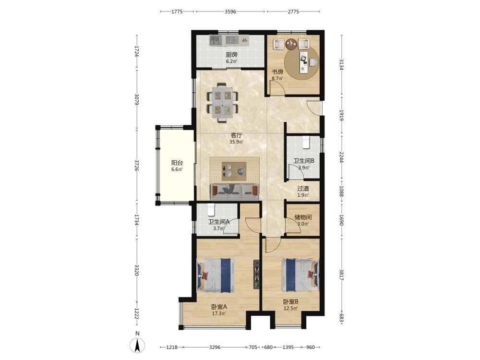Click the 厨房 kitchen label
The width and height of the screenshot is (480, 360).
[x=231, y=55]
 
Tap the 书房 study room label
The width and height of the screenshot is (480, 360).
[x=277, y=72]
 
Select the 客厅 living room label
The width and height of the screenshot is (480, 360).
[x=236, y=135]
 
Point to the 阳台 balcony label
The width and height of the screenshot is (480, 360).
[x=177, y=163]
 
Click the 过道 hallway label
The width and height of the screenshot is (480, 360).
[x=303, y=189]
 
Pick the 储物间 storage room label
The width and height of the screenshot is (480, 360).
[x=303, y=217]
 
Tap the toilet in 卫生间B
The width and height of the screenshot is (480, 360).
[x=306, y=143]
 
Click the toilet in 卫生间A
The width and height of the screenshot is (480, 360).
[x=211, y=210]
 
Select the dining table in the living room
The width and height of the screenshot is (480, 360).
[x=222, y=103]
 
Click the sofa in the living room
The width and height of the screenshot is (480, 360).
[x=235, y=192]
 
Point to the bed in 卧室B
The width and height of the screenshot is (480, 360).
[x=300, y=275]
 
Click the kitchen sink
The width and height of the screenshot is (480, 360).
[x=216, y=40]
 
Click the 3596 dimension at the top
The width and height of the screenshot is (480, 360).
[x=230, y=12]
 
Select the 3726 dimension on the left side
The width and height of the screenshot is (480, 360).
[x=136, y=165]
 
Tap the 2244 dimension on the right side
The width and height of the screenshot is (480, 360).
[x=342, y=157]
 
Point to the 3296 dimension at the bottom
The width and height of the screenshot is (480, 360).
[x=215, y=347]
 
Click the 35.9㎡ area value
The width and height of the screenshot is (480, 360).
[x=236, y=142]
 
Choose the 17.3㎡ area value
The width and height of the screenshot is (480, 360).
[x=219, y=313]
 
